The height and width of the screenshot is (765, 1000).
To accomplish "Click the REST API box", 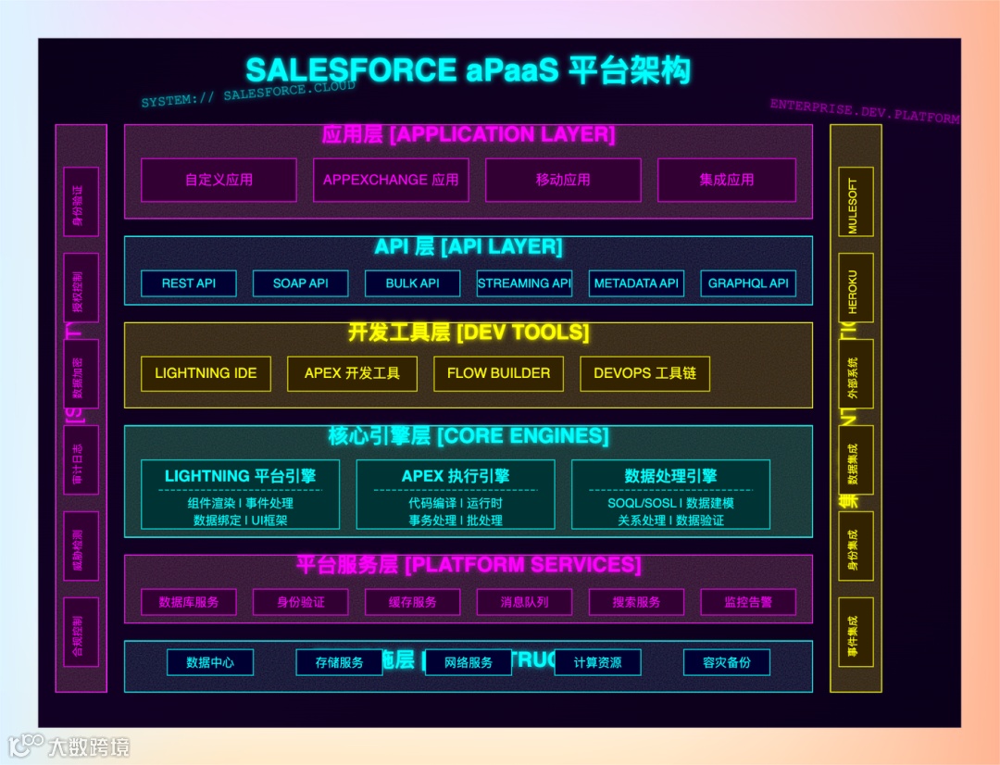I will pos(189,283).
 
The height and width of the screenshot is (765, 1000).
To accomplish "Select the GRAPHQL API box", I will pos(748,283).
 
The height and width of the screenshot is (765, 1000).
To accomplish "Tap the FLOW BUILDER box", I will pos(498,373).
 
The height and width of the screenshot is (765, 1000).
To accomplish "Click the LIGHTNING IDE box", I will pos(206,373).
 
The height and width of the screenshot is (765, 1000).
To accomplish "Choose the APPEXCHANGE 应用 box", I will pos(391,180).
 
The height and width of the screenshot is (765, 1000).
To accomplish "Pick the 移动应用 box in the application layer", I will pos(563,180).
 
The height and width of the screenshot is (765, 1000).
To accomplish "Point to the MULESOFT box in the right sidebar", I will pos(855,206).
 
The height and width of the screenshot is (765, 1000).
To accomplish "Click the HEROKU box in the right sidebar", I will pos(855,292).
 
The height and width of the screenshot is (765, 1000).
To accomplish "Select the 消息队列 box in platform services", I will pos(524,602).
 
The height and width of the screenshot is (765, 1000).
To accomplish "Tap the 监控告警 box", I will pos(748,602).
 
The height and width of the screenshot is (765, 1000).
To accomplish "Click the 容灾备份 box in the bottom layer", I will pos(727,662).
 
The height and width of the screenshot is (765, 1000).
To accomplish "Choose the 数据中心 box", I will pos(210,662).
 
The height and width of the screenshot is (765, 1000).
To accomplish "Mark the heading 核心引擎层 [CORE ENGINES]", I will pos(469,436).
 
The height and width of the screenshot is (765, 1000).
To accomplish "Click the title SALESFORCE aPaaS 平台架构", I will pos(468,71).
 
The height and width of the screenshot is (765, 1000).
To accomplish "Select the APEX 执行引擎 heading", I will pos(456,476).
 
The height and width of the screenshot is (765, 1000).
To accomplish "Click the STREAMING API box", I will pos(524,283).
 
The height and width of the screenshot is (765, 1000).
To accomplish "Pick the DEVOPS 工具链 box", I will pos(645,373).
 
